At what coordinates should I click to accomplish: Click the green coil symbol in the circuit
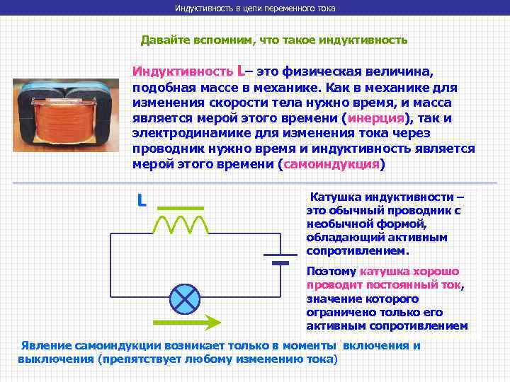pyautogui.click(x=180, y=224)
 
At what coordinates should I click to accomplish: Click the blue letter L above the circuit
pyautogui.click(x=142, y=201)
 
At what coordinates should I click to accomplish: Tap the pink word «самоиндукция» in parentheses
pyautogui.click(x=331, y=164)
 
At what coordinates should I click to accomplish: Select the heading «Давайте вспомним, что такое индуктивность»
pyautogui.click(x=273, y=40)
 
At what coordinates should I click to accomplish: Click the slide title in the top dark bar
pyautogui.click(x=255, y=8)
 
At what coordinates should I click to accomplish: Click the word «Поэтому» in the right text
pyautogui.click(x=331, y=271)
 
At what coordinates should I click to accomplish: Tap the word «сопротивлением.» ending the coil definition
pyautogui.click(x=357, y=250)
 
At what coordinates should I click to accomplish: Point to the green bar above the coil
pyautogui.click(x=180, y=208)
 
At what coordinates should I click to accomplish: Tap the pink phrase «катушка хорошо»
pyautogui.click(x=410, y=271)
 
